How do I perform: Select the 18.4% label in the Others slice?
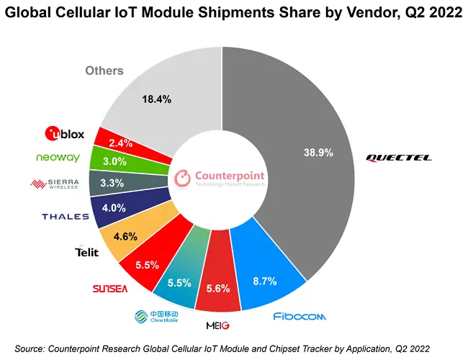coord(158,99)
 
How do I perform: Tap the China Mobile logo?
coord(155,317)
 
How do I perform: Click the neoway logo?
coord(57,158)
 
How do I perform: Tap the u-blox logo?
coord(64,133)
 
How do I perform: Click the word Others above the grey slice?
coord(104,71)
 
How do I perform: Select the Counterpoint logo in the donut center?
coord(220,177)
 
